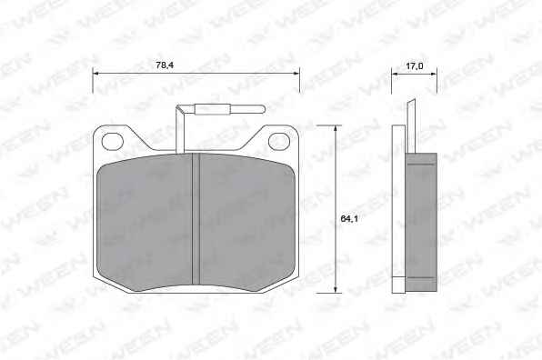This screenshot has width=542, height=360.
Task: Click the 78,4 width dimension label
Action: click(x=165, y=65)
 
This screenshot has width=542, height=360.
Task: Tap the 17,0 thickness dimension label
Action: click(x=414, y=65)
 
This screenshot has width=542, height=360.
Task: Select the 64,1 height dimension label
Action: click(x=349, y=218)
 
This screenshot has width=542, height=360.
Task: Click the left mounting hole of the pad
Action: click(x=113, y=141)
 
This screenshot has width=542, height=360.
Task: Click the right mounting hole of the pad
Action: click(x=278, y=141)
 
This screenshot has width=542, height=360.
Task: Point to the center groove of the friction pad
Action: click(x=196, y=219)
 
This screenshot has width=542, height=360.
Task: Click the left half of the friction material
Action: click(x=145, y=223)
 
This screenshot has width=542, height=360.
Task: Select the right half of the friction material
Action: click(x=247, y=223)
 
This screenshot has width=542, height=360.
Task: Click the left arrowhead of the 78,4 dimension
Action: click(x=96, y=74)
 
